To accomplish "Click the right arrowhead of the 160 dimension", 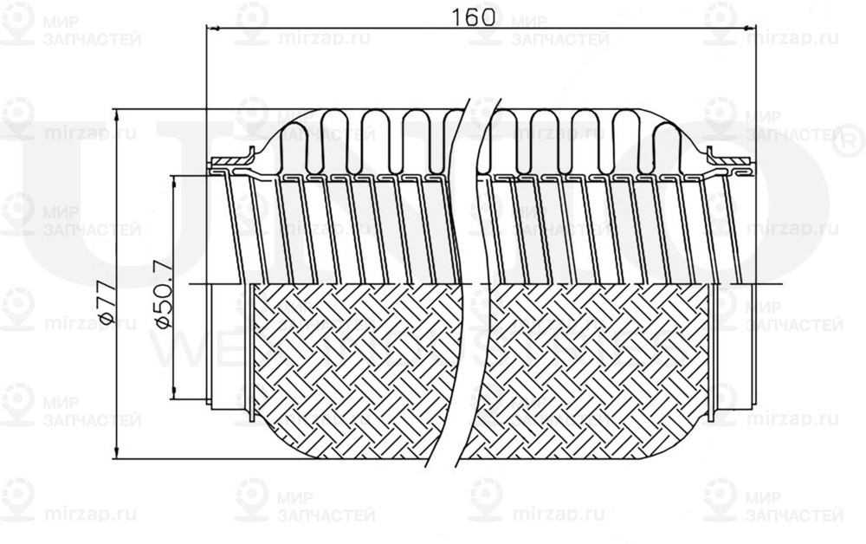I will (x=751, y=29).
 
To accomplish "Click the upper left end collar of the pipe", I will (x=229, y=161).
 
